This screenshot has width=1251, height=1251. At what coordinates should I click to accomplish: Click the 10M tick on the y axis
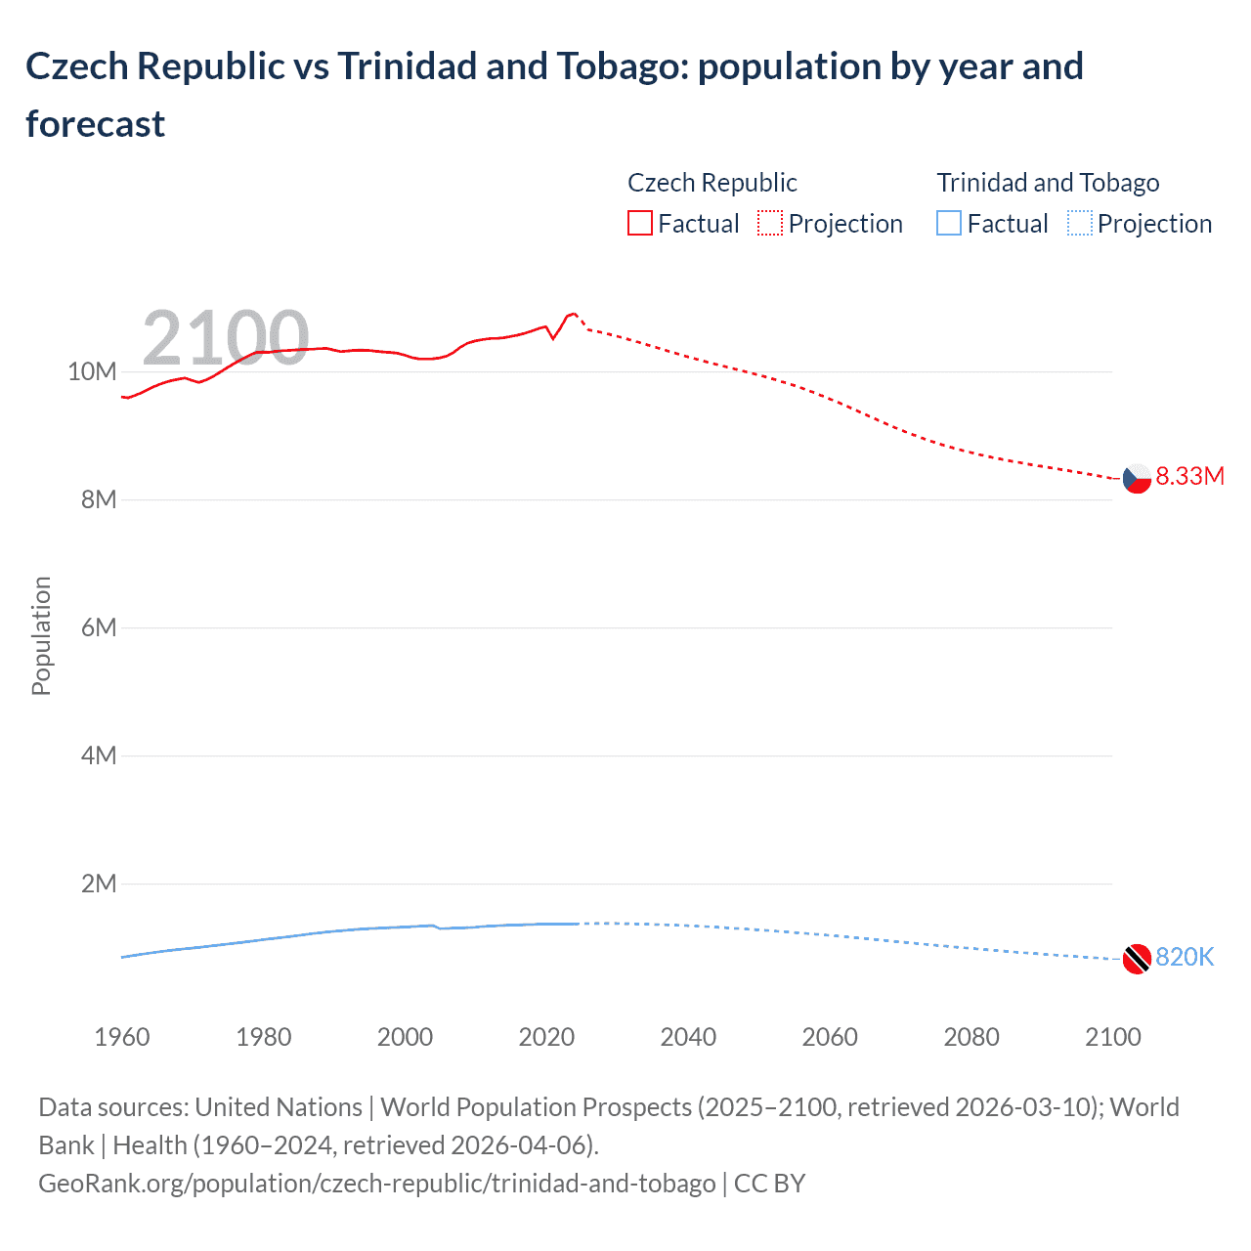(92, 371)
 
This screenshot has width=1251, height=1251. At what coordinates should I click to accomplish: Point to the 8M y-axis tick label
(98, 499)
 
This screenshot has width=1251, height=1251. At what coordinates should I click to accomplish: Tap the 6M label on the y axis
(98, 627)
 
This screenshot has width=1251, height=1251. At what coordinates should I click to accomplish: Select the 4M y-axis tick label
(98, 755)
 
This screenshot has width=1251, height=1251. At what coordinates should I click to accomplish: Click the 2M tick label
(98, 884)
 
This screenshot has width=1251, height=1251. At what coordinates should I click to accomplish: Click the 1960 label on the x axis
(122, 1037)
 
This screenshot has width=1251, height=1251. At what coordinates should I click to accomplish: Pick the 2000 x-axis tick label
(405, 1037)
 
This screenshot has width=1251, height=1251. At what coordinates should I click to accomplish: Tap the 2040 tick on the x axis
(688, 1037)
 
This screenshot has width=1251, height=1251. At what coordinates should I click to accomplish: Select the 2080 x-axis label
(971, 1037)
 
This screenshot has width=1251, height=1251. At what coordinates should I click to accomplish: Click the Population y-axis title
(41, 635)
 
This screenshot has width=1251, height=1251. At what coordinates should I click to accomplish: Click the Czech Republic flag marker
(1137, 478)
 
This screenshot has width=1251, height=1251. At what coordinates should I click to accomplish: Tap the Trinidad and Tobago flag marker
(1137, 959)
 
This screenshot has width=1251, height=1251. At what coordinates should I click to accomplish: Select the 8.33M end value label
(1189, 476)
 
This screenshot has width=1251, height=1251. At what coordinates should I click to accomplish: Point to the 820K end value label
(1185, 957)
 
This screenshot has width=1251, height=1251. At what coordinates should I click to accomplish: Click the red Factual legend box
(639, 224)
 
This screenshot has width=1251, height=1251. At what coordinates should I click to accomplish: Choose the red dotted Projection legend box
(770, 224)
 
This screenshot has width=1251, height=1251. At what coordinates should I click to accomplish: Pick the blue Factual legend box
(949, 224)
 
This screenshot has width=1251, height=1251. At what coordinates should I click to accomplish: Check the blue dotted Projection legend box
(1080, 224)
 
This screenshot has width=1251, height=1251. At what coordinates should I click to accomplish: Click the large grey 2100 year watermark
(226, 338)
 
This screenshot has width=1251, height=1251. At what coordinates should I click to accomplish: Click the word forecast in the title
(95, 124)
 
